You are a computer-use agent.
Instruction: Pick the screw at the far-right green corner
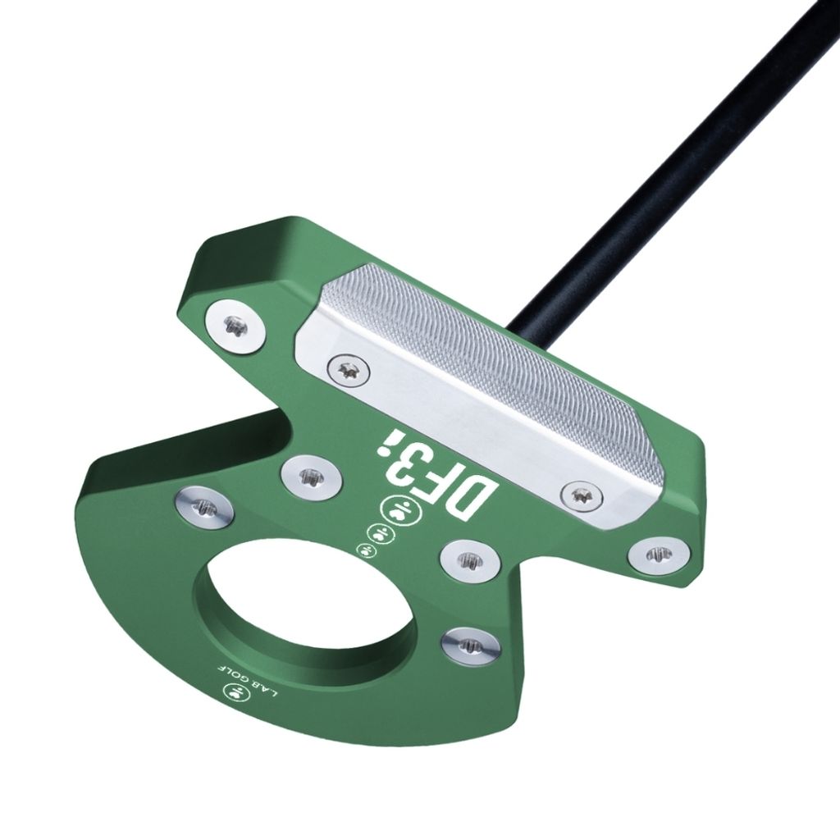click(659, 555)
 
